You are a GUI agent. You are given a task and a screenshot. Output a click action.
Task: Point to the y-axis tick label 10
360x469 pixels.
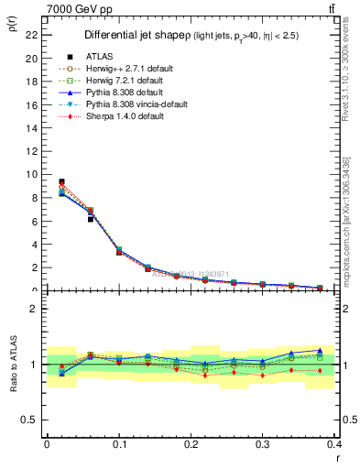coord(32,174)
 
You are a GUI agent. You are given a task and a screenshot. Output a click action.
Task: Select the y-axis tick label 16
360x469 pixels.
coord(32,104)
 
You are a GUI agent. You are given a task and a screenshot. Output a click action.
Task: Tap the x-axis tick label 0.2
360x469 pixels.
coord(191,445)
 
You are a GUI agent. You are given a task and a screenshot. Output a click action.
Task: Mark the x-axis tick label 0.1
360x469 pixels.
coord(119,445)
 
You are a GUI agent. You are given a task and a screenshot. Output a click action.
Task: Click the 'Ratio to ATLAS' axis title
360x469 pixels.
coord(11,365)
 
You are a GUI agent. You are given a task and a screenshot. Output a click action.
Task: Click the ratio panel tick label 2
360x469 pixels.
coord(35,309)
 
